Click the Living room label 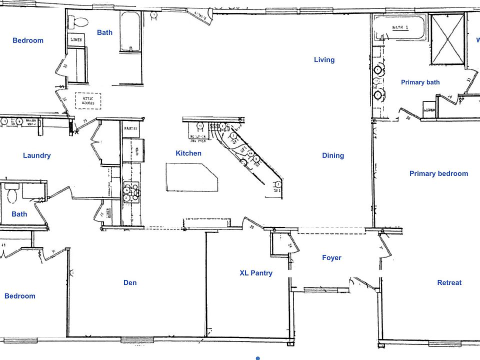[x=324, y=60]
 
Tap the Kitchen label [x=188, y=153]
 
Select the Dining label [x=333, y=155]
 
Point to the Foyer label [x=331, y=258]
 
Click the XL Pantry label [x=256, y=273]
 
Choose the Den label [x=130, y=282]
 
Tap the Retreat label [x=449, y=282]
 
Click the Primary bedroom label [x=438, y=174]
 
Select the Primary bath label [x=420, y=82]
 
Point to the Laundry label [x=37, y=155]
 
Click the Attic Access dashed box [x=88, y=100]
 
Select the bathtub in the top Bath [x=130, y=31]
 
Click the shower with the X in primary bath [x=447, y=38]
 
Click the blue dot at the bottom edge [x=257, y=358]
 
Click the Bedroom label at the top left [x=28, y=40]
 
